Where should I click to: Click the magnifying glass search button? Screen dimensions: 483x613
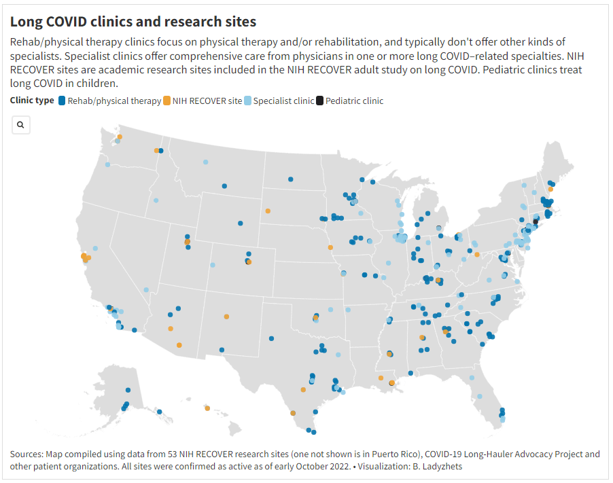click(21, 124)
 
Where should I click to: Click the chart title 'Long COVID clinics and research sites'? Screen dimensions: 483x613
click(133, 22)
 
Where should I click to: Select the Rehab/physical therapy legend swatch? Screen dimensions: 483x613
click(62, 101)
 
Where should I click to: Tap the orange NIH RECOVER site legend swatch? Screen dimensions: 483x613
click(167, 101)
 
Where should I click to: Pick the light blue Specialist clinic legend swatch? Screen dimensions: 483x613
click(248, 101)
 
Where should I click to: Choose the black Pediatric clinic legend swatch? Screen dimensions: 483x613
click(320, 101)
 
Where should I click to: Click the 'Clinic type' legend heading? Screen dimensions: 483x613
click(32, 101)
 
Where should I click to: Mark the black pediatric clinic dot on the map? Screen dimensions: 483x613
click(536, 221)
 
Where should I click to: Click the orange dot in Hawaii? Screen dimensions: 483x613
click(207, 408)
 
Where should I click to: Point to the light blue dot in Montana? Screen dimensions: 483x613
click(205, 162)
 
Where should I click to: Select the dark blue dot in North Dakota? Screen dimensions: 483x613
click(290, 179)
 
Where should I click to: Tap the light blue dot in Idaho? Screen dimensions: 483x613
click(156, 200)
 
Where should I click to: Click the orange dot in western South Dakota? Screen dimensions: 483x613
click(268, 211)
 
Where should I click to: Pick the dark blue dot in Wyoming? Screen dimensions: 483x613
click(240, 223)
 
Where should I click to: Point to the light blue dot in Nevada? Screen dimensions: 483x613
click(146, 290)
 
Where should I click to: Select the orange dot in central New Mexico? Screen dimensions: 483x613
click(226, 317)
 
